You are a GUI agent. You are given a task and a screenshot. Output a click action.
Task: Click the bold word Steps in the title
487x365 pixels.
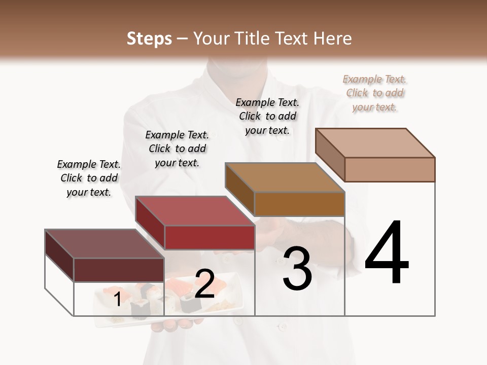pyautogui.click(x=149, y=39)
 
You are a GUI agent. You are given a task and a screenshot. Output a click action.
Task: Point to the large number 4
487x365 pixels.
pyautogui.click(x=387, y=253)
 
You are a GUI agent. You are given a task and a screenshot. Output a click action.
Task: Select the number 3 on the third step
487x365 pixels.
pyautogui.click(x=297, y=269)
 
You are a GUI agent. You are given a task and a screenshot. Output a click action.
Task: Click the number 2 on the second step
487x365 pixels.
pyautogui.click(x=204, y=284)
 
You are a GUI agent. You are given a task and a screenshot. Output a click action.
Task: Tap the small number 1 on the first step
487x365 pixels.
pyautogui.click(x=118, y=299)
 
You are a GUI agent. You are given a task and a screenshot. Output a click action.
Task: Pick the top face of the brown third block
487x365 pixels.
pyautogui.click(x=285, y=177)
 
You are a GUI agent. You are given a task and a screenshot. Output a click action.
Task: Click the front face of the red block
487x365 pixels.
pyautogui.click(x=210, y=237)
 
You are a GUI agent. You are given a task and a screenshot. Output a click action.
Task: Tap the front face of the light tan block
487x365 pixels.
pyautogui.click(x=390, y=169)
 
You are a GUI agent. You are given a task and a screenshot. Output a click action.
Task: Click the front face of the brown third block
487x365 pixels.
pyautogui.click(x=299, y=204)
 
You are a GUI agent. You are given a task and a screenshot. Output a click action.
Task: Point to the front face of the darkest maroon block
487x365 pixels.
pyautogui.click(x=119, y=270)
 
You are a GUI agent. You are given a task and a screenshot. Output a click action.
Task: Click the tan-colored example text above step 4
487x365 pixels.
pyautogui.click(x=375, y=93)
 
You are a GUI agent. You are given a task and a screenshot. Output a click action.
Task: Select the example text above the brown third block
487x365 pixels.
pyautogui.click(x=267, y=116)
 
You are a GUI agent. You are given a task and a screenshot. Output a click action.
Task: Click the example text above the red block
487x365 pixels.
pyautogui.click(x=177, y=149)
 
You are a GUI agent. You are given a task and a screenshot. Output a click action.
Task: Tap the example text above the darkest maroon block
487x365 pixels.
pyautogui.click(x=89, y=178)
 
